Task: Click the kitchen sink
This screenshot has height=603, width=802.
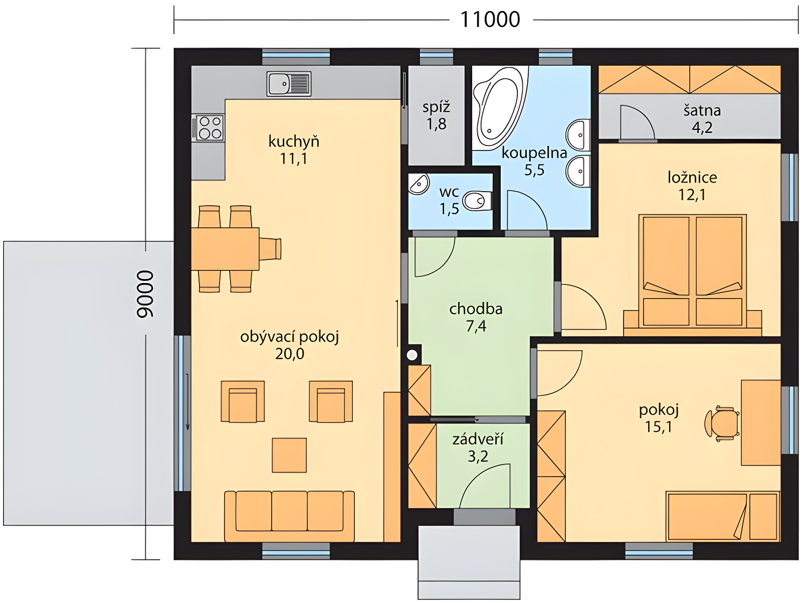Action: pyautogui.click(x=289, y=84)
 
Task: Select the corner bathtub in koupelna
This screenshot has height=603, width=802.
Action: pyautogui.click(x=499, y=108)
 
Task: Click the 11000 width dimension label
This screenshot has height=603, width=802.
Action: pyautogui.click(x=490, y=20)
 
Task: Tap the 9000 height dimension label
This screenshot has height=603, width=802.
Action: pyautogui.click(x=145, y=293)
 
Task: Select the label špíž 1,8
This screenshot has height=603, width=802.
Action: pyautogui.click(x=436, y=115)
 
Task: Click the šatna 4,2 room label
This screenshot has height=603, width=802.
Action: pyautogui.click(x=702, y=119)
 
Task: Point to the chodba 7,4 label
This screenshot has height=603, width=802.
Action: pyautogui.click(x=476, y=317)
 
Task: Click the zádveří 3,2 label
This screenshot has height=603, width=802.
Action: pyautogui.click(x=478, y=447)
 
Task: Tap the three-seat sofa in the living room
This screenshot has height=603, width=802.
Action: pyautogui.click(x=289, y=516)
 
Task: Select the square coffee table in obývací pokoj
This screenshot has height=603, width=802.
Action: pyautogui.click(x=289, y=455)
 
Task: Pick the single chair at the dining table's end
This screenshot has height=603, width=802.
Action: pyautogui.click(x=270, y=249)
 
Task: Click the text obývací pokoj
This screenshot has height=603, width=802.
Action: pyautogui.click(x=289, y=337)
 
